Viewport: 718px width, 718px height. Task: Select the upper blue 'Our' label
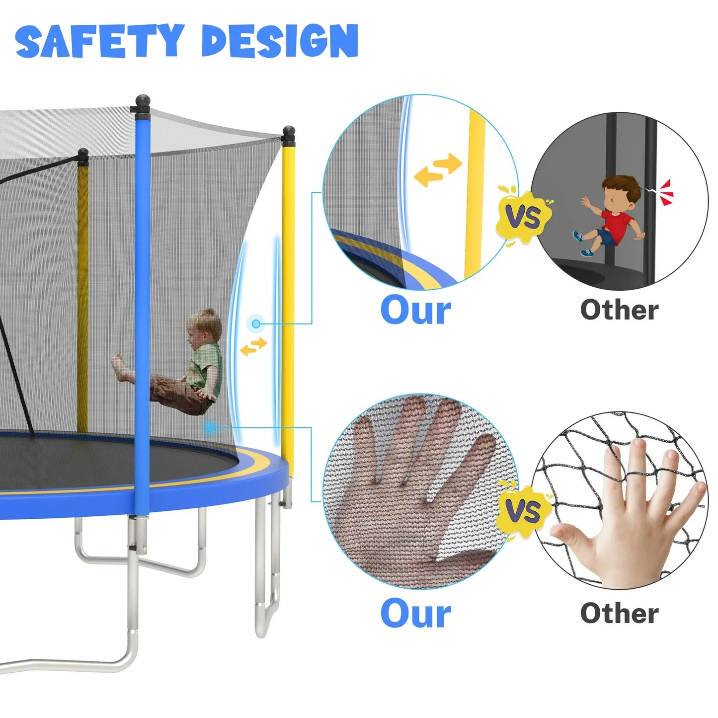pos(415,311)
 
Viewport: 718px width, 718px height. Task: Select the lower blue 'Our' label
pos(415,613)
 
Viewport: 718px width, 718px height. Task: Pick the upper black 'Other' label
pos(619,310)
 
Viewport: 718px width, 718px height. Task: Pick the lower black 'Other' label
pos(619,613)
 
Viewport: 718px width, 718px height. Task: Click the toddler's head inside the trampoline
pos(204,328)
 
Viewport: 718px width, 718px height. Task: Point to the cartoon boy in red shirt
pos(611,216)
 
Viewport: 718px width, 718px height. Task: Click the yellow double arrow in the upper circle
pos(438,170)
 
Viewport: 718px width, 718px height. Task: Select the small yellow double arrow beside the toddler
pos(253,346)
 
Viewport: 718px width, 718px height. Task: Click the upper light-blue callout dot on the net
pos(256,324)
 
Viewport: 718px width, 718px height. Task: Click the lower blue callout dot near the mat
pos(211,426)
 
